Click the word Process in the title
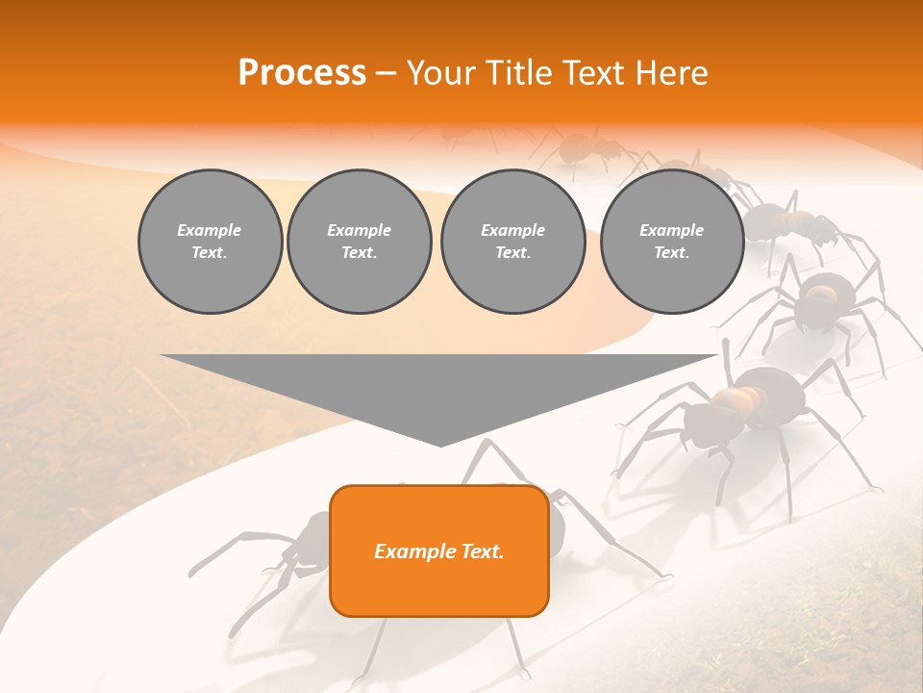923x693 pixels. point(302,73)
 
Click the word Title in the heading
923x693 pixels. point(516,73)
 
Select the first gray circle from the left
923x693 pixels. point(210,242)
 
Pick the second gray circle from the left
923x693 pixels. point(359,242)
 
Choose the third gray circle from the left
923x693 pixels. point(512,242)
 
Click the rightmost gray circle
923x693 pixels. point(671,242)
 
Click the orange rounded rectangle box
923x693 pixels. point(439,551)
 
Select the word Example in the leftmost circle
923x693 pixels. point(210,230)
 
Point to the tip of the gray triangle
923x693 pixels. point(440,444)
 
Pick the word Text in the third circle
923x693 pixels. point(511,253)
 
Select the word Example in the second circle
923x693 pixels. point(359,230)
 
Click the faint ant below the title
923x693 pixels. point(586,150)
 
